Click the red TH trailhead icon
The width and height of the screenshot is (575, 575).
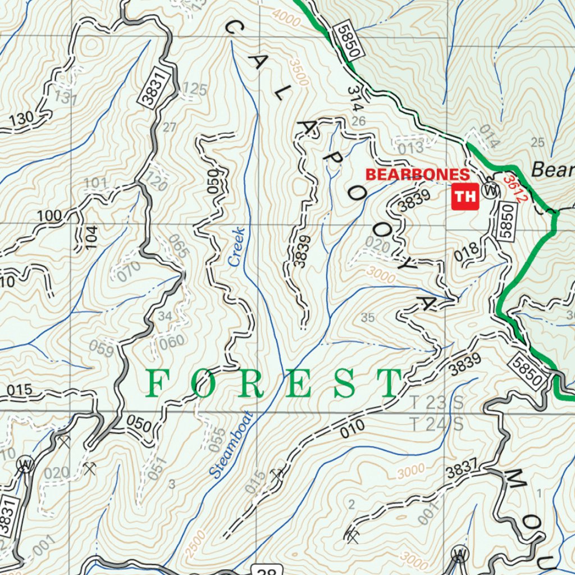coord(465,197)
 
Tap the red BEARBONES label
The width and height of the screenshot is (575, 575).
coord(417,175)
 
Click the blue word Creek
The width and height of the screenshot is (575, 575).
coord(236,247)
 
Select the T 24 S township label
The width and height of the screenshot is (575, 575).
coord(436,424)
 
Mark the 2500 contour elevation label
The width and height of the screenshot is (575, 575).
coord(191,544)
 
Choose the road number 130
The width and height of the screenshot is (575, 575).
coord(21,119)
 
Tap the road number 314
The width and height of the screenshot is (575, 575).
coord(355,98)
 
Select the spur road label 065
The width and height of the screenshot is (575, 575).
coord(178,246)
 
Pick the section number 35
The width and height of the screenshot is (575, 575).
coord(367,318)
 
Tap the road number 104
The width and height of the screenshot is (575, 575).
coord(92,237)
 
